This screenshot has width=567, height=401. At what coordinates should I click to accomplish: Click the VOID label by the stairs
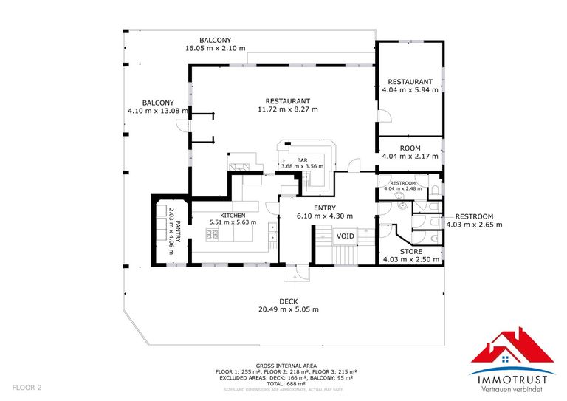(346, 236)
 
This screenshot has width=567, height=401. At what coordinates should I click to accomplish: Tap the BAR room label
(302, 160)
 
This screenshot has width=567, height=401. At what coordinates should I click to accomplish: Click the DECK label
(288, 301)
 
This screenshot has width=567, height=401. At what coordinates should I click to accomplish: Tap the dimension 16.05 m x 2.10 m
(215, 48)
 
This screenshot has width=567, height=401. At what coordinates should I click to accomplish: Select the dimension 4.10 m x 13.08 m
(158, 112)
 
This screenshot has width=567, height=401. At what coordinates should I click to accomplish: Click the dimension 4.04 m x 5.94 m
(410, 90)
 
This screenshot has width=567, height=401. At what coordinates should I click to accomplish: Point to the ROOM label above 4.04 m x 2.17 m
(410, 148)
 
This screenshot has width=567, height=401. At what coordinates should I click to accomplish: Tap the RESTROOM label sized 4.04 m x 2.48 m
(402, 182)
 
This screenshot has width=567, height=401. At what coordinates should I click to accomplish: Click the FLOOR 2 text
(27, 388)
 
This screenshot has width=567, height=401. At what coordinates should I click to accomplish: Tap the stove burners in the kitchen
(212, 235)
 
